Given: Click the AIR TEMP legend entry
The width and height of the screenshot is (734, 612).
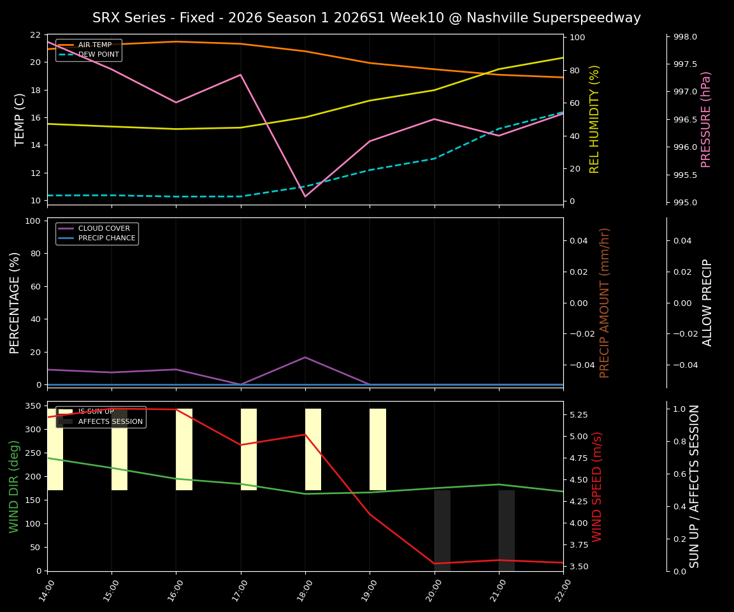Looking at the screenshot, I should (94, 45).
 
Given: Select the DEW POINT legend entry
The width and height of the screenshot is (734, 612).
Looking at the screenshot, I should (98, 55).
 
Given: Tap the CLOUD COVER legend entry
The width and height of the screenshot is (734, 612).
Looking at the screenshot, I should (103, 229).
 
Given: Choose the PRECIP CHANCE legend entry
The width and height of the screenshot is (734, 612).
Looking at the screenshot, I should (106, 238).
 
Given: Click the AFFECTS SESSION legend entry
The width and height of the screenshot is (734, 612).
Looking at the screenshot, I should (110, 421).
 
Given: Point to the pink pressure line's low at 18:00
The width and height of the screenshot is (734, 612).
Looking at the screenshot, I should (305, 196).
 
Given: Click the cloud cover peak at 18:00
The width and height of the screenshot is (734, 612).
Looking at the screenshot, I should (305, 357).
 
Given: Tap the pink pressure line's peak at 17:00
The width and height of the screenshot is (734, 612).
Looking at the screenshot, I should (241, 75).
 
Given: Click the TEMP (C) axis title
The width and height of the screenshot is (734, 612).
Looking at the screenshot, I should (20, 119).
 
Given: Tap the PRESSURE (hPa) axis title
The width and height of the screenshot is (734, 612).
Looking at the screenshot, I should (705, 119).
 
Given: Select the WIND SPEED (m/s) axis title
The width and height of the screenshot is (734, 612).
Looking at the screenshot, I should (597, 486).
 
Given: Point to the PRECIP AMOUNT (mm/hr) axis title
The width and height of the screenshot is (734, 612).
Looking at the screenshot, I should (605, 302).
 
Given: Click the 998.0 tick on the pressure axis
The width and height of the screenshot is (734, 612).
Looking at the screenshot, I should (685, 37).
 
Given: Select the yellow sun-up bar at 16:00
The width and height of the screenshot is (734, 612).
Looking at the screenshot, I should (184, 449).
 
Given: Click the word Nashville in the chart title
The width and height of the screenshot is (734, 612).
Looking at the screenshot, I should (496, 18).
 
